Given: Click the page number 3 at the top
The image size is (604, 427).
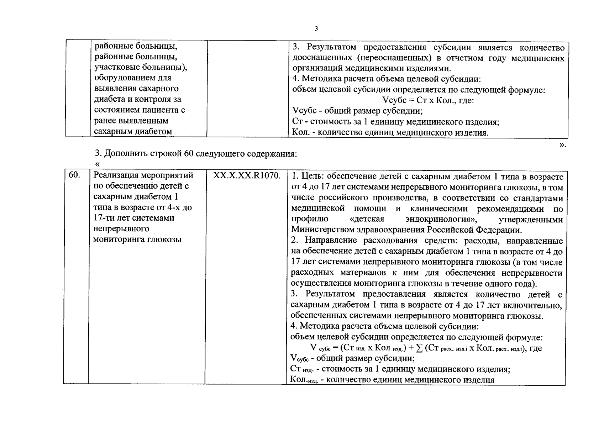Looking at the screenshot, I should tap(316, 29).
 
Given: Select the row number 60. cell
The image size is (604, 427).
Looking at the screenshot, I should tap(73, 175).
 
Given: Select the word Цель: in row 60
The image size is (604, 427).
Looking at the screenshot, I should tap(312, 176).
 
